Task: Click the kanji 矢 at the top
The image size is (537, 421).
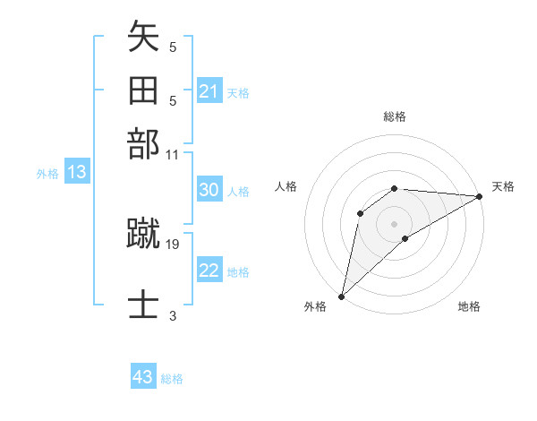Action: (144, 38)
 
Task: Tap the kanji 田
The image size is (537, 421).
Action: (144, 91)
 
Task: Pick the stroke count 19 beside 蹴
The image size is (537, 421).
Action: (173, 243)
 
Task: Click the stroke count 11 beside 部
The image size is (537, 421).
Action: (173, 154)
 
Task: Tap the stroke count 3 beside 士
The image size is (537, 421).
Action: (173, 315)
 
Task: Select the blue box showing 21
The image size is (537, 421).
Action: (209, 91)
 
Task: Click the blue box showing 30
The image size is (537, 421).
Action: (209, 190)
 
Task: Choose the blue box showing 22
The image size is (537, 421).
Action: (209, 271)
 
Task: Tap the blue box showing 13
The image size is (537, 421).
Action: (76, 172)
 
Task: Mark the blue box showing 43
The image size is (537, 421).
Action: (143, 377)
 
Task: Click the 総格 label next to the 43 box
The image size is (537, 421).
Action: (172, 379)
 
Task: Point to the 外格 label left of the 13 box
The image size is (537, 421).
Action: (47, 174)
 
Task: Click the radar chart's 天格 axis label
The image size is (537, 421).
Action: (503, 186)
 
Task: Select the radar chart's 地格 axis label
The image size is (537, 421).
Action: (469, 307)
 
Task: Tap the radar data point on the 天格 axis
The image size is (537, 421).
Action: (479, 196)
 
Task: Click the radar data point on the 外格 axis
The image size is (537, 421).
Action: (341, 296)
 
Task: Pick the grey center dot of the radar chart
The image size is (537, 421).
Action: (395, 223)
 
